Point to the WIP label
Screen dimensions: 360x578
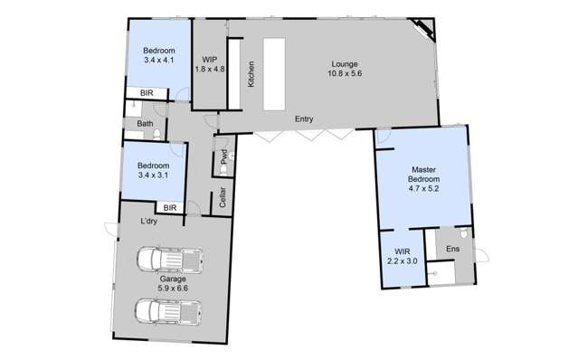[x=208, y=59]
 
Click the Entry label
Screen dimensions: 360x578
[x=304, y=118]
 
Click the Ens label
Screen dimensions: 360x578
[x=453, y=249]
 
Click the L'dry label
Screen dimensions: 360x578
[x=150, y=223]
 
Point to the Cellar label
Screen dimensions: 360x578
[x=223, y=200]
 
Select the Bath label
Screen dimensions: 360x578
[x=145, y=124]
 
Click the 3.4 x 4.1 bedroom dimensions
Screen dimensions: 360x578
[x=158, y=60]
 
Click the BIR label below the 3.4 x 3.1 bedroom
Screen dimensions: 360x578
[x=169, y=208]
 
